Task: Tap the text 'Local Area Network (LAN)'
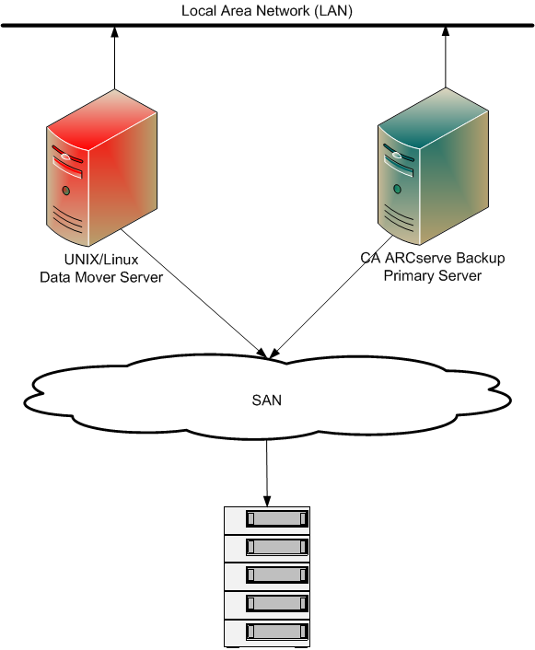267,10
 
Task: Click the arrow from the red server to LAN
114,64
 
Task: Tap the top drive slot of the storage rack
275,519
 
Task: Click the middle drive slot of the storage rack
275,575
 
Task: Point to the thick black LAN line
267,25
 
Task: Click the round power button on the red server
65,192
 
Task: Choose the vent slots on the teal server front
400,218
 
